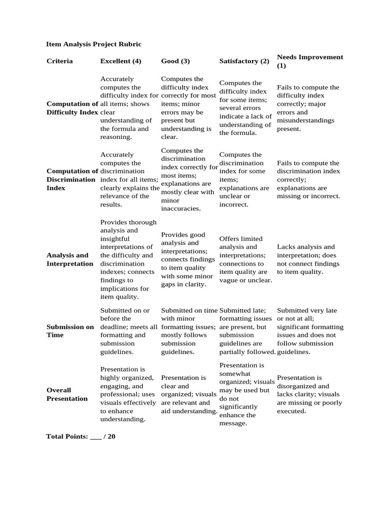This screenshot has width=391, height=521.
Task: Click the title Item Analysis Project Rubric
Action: [94, 44]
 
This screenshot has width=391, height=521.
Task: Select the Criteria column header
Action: [60, 61]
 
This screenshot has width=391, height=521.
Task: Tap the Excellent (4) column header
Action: [121, 61]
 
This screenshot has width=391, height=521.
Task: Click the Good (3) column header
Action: [175, 61]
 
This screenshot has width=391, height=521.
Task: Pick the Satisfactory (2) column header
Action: [244, 61]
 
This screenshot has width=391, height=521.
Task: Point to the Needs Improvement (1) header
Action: [310, 61]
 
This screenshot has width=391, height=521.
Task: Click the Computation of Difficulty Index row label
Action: [72, 108]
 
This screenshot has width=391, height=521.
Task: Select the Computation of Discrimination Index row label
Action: [72, 180]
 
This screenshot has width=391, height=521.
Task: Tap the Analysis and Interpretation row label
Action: [70, 259]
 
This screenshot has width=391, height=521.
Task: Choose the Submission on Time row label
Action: [70, 331]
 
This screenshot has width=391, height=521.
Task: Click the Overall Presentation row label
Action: [67, 394]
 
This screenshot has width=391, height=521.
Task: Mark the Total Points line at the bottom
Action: [80, 437]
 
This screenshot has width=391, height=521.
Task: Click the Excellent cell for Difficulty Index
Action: [129, 108]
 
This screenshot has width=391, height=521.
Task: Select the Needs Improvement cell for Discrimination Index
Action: [308, 180]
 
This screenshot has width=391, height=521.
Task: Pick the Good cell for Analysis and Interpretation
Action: [187, 259]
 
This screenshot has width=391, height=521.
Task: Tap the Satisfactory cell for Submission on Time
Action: [247, 331]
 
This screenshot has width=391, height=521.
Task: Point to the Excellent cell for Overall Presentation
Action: [127, 394]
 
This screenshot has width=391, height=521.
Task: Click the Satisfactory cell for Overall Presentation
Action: [247, 394]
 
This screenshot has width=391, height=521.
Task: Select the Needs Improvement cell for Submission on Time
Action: [310, 331]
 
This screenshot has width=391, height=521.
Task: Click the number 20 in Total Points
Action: [111, 437]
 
